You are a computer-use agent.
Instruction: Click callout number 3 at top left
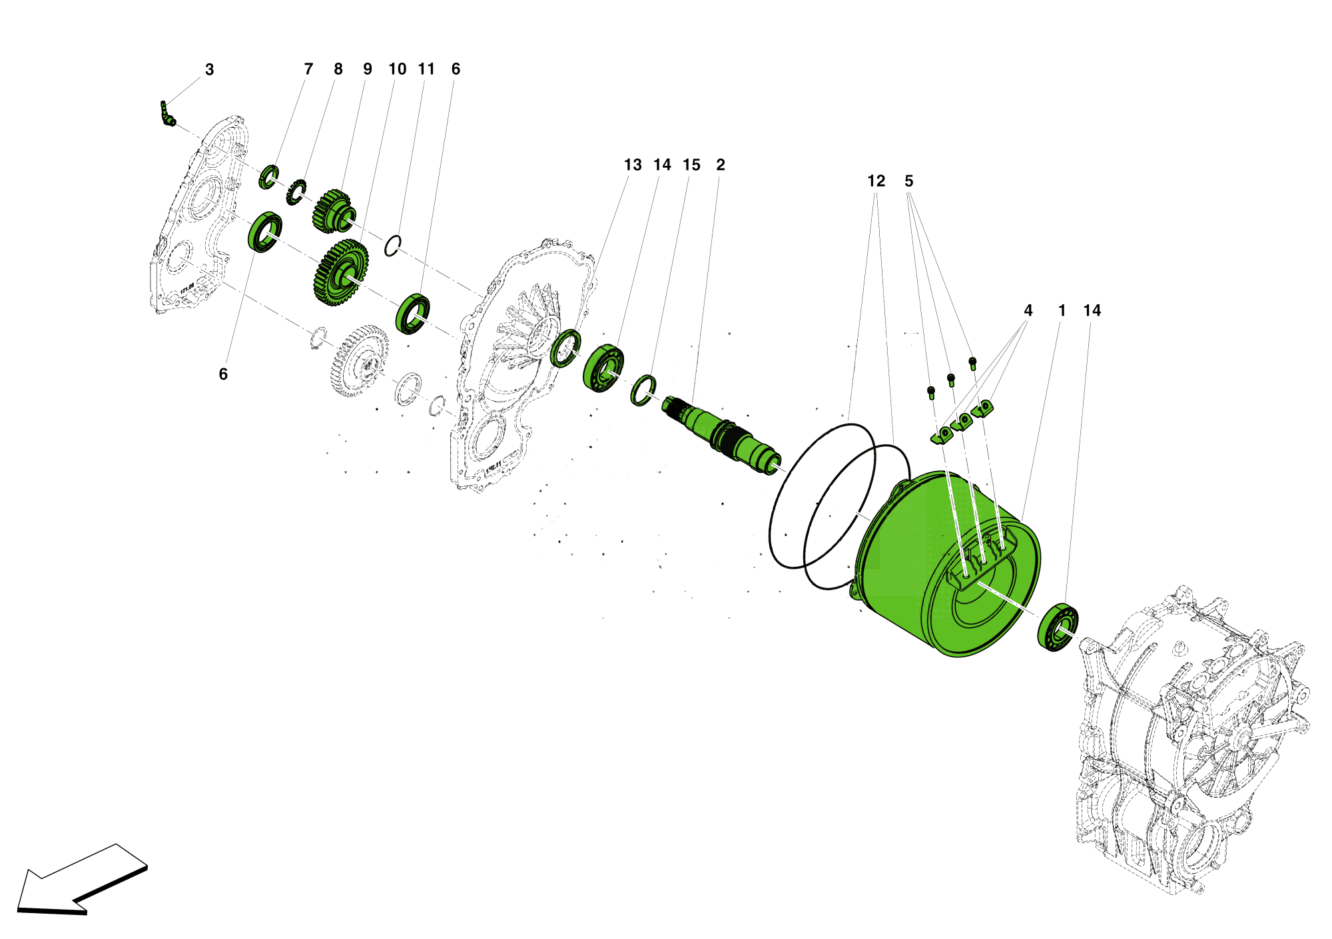[209, 70]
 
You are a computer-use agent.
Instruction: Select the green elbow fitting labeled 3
[166, 115]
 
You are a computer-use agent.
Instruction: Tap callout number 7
[308, 69]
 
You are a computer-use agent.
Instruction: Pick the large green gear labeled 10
[341, 273]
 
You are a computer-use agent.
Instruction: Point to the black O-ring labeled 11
[393, 246]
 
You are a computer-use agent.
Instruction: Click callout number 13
[632, 165]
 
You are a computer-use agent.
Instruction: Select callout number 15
[691, 165]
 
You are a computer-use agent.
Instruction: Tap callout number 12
[876, 181]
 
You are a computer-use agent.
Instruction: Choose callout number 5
[908, 181]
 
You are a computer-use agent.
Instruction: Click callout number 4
[1028, 310]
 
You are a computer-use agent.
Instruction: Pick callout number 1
[1062, 310]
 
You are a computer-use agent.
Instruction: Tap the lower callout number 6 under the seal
[223, 374]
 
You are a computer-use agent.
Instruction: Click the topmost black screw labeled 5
[972, 362]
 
